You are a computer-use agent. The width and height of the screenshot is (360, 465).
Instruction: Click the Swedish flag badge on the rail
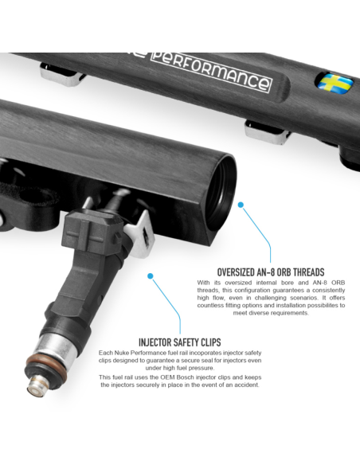point(335,83)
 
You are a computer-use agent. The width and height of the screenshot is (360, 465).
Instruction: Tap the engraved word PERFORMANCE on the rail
point(211,72)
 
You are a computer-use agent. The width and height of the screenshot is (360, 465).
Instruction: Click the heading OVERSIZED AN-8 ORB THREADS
point(271,272)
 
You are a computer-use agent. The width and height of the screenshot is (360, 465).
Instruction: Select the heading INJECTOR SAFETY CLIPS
point(180,342)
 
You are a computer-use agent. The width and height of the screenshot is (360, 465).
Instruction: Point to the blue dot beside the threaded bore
point(241,205)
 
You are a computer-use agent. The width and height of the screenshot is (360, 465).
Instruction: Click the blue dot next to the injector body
point(151,276)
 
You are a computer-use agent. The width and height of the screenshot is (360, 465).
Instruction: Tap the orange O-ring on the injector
point(46,366)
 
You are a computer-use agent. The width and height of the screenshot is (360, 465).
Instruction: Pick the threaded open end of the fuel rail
point(220,196)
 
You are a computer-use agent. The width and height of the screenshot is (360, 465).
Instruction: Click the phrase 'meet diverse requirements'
point(271,313)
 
